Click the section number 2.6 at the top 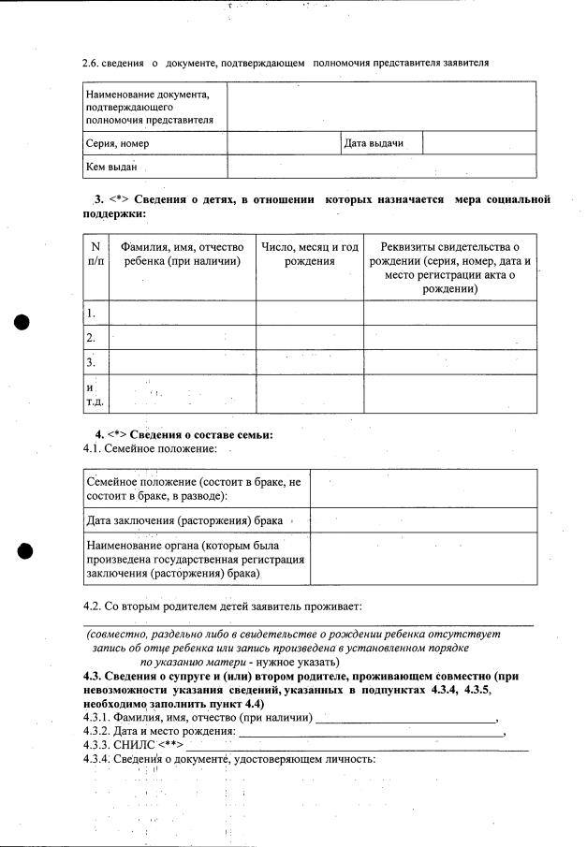pyautogui.click(x=93, y=62)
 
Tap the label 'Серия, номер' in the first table pyautogui.click(x=117, y=144)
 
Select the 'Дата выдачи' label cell pyautogui.click(x=374, y=143)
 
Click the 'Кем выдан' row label pyautogui.click(x=111, y=167)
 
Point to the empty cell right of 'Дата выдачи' pyautogui.click(x=479, y=143)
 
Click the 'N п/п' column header pyautogui.click(x=95, y=255)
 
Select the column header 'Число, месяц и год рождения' pyautogui.click(x=309, y=255)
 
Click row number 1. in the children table pyautogui.click(x=91, y=314)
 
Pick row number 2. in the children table pyautogui.click(x=91, y=338)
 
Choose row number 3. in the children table pyautogui.click(x=91, y=362)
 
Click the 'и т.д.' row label pyautogui.click(x=94, y=394)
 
